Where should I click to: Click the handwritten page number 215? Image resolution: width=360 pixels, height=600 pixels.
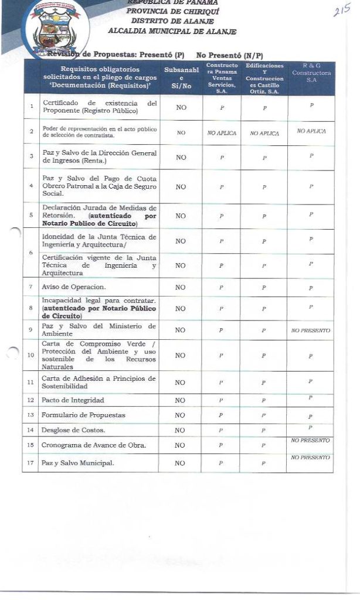tap(342, 13)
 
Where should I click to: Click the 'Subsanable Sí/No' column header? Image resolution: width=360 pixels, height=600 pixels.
tap(180, 78)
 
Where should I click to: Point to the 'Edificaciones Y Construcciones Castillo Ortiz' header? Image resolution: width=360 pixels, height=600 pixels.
tap(264, 78)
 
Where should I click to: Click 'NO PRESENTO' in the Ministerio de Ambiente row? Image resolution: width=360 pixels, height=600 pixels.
tap(311, 331)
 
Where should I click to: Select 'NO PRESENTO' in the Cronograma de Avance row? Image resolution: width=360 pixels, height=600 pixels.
tap(311, 440)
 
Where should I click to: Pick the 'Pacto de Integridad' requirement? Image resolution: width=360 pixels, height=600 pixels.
tap(74, 400)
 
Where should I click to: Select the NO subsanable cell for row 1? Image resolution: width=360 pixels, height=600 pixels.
tap(181, 108)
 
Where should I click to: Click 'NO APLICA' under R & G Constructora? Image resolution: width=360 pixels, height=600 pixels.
tap(311, 131)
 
